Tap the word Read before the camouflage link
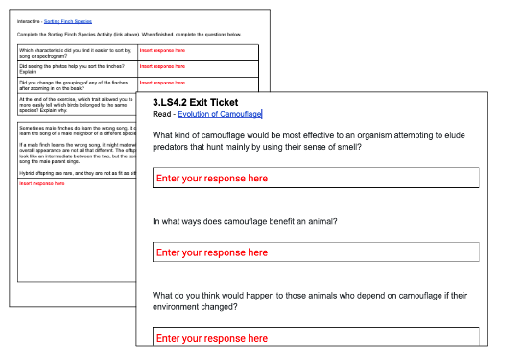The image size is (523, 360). (162, 114)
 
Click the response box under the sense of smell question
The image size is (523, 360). (316, 179)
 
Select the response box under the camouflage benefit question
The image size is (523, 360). (316, 252)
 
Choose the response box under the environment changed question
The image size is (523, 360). (316, 338)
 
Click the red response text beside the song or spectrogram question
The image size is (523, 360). (162, 50)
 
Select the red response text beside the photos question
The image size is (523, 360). (162, 67)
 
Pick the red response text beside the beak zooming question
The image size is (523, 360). (162, 84)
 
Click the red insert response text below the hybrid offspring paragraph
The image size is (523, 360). (39, 183)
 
